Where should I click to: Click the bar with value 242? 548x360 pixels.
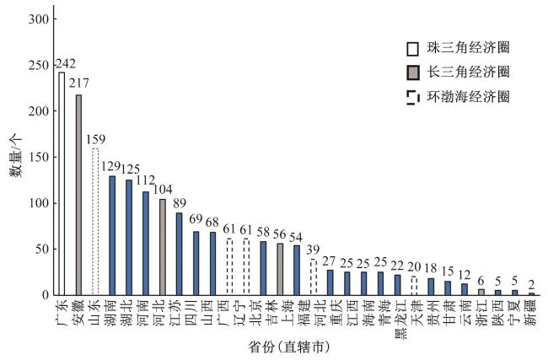click(x=62, y=183)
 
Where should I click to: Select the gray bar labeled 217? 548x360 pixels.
click(x=78, y=195)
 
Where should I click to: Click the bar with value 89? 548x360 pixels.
click(x=179, y=254)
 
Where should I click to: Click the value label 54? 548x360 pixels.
click(x=296, y=239)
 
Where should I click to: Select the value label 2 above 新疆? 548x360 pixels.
click(x=531, y=286)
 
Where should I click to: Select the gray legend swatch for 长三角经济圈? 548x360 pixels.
click(x=412, y=73)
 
